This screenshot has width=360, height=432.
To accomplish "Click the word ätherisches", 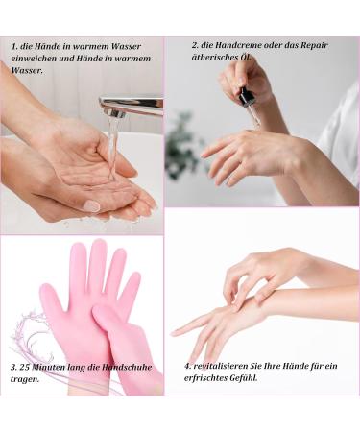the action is tap(210, 58).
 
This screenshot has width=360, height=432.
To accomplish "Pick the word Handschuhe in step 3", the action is tap(127, 367).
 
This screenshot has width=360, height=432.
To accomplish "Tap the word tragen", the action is tap(25, 380).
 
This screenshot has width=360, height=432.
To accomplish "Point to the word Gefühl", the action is tap(244, 378).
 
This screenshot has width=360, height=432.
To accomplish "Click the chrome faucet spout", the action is tap(132, 107).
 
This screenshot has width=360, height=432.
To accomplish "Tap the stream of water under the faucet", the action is tap(112, 147).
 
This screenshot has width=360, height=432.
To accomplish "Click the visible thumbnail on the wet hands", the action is tap(91, 205).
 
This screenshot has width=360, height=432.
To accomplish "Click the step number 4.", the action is tap(187, 366).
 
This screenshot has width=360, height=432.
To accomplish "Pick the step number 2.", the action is tap(195, 45).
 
